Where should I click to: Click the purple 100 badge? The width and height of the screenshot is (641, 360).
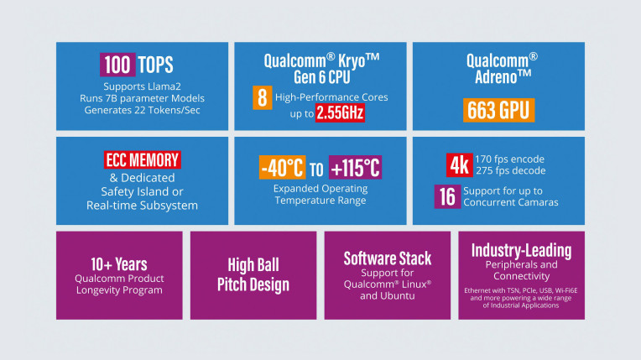tap(117, 64)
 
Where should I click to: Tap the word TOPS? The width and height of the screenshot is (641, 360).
tap(160, 65)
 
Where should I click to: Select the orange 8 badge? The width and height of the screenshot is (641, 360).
tap(261, 98)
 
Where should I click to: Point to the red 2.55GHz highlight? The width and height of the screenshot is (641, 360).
tap(340, 112)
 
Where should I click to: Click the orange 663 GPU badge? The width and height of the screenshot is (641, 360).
tap(498, 111)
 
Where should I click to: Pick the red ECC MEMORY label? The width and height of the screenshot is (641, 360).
tap(142, 159)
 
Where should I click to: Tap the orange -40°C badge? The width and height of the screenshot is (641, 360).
tap(281, 168)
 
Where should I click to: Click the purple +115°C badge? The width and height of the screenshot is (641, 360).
tap(356, 168)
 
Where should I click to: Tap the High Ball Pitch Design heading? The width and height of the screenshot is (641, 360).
tap(253, 274)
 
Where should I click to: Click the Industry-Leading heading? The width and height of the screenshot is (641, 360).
tap(521, 250)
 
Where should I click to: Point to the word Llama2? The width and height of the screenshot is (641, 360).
tap(174, 86)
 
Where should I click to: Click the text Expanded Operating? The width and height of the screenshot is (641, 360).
tap(319, 188)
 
